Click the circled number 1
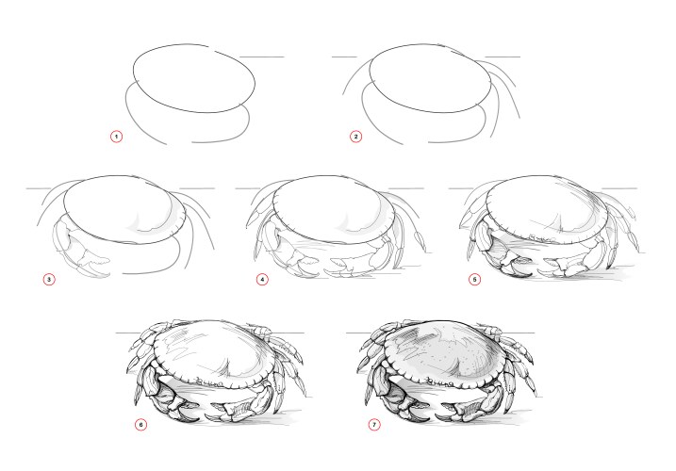117,137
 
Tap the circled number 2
355,137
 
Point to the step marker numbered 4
262,279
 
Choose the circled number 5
475,279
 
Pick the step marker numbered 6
141,424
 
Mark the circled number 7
374,424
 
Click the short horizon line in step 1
261,57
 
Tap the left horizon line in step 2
344,57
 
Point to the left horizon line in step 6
130,333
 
